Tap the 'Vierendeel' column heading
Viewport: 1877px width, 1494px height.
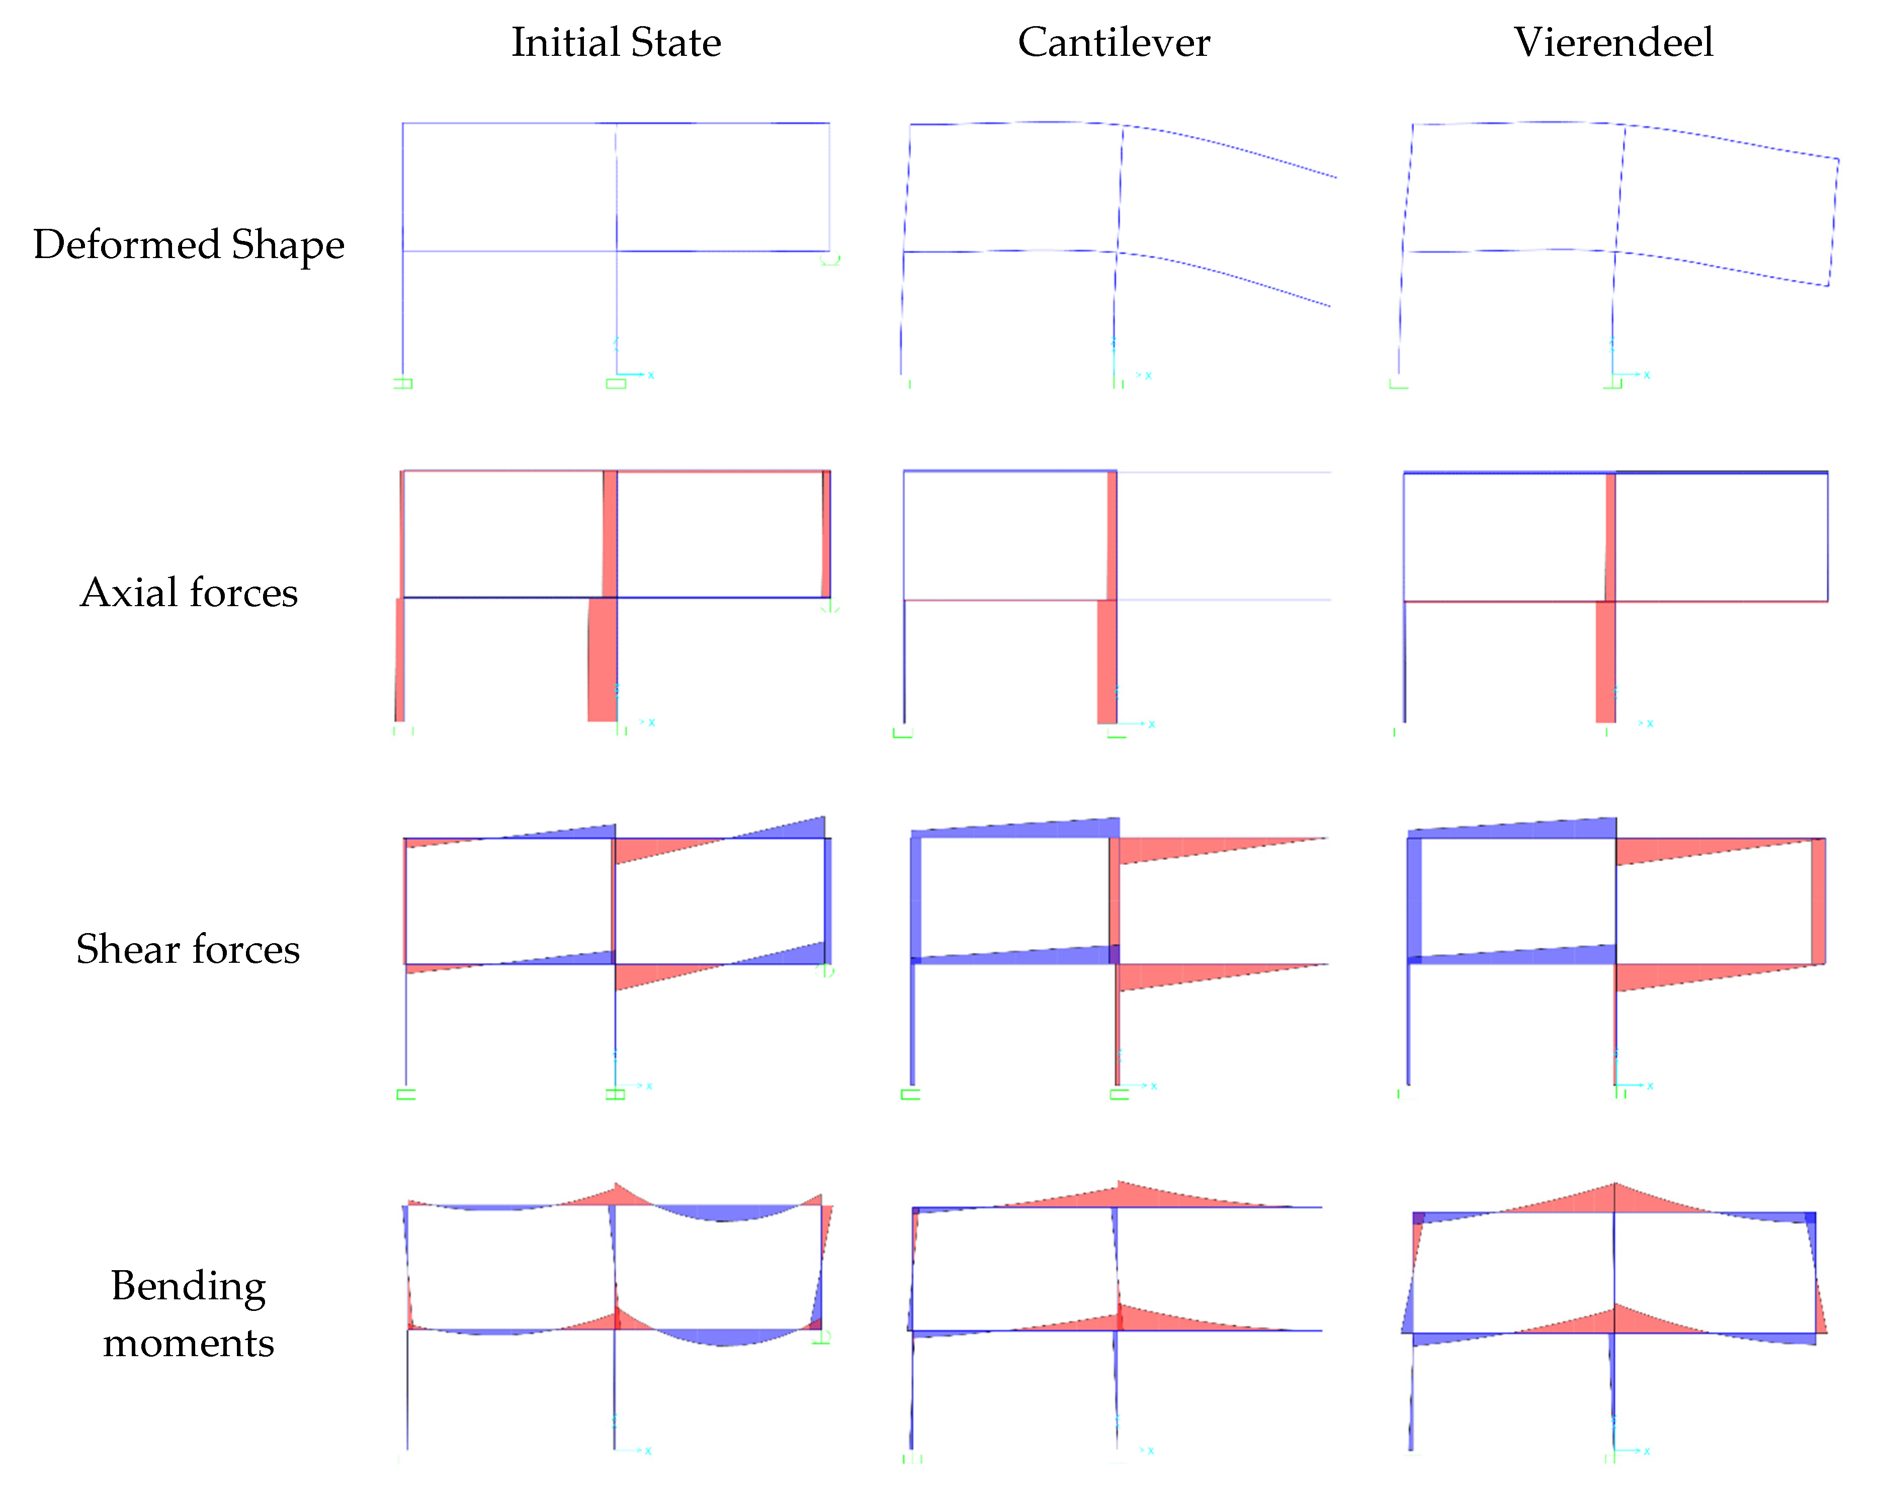(1613, 43)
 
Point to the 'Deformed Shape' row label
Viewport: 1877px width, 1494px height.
(189, 244)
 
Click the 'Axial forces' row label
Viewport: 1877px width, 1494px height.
(189, 593)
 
